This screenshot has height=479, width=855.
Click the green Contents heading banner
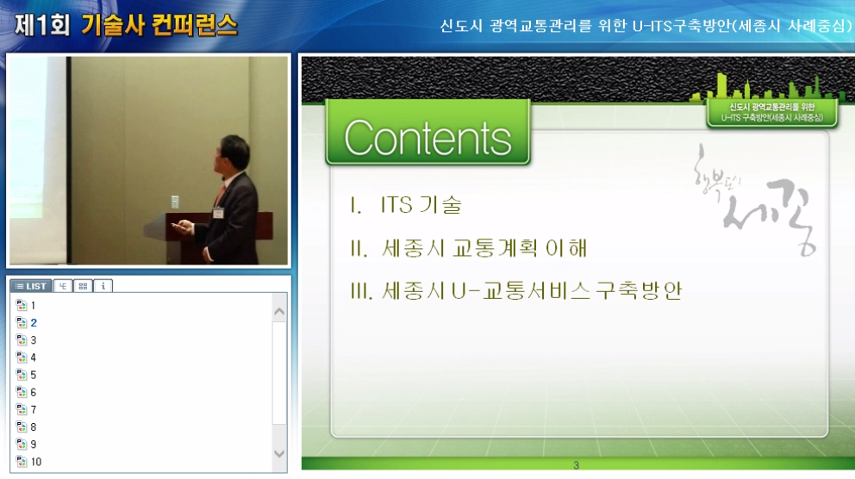(x=427, y=134)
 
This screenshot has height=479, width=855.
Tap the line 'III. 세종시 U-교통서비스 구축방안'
(x=515, y=291)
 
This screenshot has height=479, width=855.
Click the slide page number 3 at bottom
(x=576, y=466)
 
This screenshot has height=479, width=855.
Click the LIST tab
(x=31, y=286)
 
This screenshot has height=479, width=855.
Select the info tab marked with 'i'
(x=103, y=286)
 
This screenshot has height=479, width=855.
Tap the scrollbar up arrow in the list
(x=279, y=311)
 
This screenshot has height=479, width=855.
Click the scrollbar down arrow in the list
(x=279, y=453)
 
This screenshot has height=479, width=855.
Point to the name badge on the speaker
(x=219, y=210)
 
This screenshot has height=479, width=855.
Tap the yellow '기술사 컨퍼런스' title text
(x=159, y=24)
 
